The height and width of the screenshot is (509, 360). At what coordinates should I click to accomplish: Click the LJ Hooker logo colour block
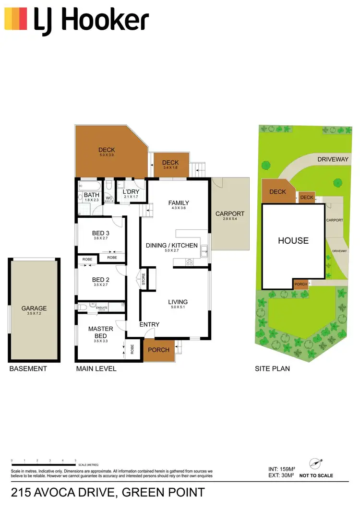coord(15,19)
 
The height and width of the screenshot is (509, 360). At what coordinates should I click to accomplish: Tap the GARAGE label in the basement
coord(34,308)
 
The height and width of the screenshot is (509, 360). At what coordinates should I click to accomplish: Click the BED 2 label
coord(101,280)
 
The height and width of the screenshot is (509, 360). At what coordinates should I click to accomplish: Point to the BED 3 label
coord(101,234)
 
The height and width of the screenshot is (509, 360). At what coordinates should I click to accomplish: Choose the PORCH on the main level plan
coord(158,350)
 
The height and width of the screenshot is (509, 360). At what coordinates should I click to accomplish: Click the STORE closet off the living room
coord(144,279)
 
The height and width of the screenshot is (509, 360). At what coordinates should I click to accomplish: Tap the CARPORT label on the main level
coord(230,214)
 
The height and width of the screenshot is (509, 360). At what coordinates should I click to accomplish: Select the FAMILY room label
coord(179,203)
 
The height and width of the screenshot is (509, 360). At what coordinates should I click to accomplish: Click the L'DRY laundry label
coord(131,192)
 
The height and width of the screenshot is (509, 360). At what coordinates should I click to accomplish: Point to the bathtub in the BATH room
coord(90,185)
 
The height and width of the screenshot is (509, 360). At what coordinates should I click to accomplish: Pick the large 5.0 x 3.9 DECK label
coord(107,150)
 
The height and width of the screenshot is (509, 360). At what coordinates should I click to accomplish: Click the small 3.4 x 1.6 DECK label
coord(170,163)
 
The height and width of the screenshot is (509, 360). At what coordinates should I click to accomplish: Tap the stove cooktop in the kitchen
coord(189,262)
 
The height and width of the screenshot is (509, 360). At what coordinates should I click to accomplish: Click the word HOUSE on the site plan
coord(293,240)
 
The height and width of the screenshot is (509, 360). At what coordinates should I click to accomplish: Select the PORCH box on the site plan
coord(300,284)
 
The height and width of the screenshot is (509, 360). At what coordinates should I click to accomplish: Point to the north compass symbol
coord(316,464)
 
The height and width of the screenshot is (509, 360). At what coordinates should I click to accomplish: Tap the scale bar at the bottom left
coord(44,465)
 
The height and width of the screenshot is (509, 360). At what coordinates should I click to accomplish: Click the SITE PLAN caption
coord(272,369)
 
